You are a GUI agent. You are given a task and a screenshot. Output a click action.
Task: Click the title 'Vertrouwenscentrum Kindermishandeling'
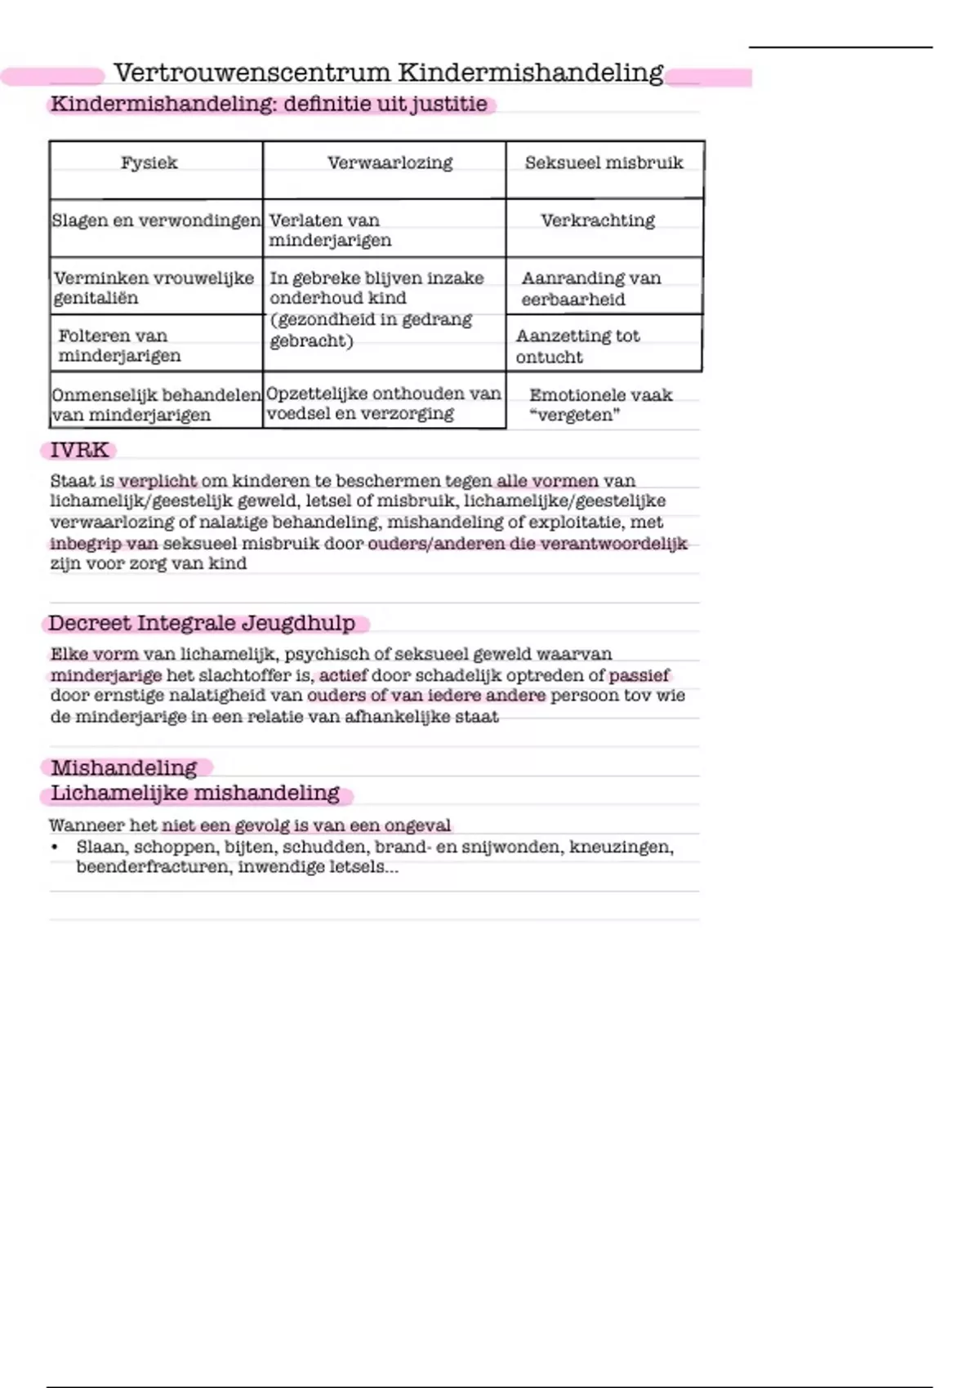pos(388,73)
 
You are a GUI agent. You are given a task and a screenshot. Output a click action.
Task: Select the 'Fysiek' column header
pos(149,162)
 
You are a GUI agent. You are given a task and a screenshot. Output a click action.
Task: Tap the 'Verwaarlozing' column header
pos(390,162)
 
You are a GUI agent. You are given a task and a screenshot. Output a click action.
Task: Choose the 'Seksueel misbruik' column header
pos(604,162)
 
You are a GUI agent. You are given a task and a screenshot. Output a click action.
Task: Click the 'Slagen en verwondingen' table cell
pos(156,220)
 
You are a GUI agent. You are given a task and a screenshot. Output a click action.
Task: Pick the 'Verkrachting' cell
pos(598,220)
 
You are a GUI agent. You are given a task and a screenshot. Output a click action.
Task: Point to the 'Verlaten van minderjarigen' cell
pos(330,230)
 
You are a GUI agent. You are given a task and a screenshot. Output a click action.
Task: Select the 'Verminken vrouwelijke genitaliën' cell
pos(154,288)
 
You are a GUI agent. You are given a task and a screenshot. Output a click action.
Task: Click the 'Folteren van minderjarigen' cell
pos(119,345)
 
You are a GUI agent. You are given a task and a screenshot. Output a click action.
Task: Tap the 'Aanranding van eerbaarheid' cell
pos(590,288)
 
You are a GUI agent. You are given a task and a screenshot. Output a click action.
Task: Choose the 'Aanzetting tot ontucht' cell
pos(577,346)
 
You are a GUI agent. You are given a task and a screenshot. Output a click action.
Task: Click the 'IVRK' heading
pos(79,450)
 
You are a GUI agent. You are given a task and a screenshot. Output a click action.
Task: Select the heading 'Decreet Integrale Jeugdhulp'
pos(202,623)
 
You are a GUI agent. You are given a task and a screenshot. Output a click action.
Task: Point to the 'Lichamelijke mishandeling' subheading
pos(195,793)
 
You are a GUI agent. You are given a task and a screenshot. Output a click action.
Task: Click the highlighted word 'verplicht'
pos(158,481)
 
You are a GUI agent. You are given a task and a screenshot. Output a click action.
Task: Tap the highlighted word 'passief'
pos(639,675)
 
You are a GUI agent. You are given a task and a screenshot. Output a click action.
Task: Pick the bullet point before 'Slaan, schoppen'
pos(55,847)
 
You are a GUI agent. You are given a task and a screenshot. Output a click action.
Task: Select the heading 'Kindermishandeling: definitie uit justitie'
pos(269,105)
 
